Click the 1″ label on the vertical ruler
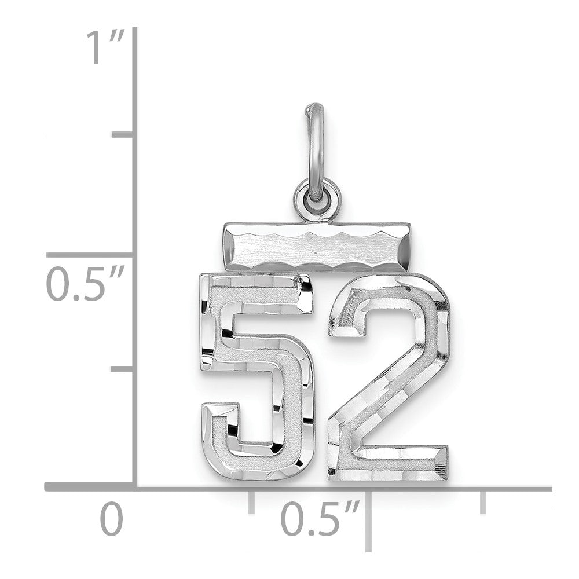[x=105, y=47]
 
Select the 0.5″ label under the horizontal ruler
[x=320, y=518]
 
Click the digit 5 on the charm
[x=256, y=377]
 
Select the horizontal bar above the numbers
[x=317, y=247]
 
